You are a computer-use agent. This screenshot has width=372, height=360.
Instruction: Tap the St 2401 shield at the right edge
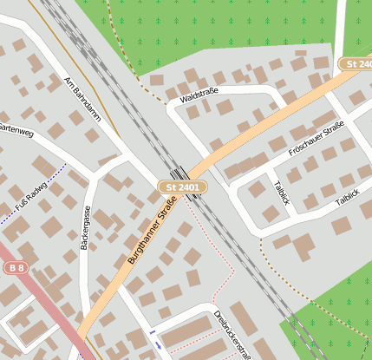pos(355,64)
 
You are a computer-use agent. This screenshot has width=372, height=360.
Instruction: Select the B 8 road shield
pos(15,268)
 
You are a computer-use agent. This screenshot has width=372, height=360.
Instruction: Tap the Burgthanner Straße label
pos(153,232)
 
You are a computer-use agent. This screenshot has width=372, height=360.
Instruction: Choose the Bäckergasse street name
pos(85,228)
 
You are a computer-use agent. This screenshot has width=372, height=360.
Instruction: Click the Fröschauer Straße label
pos(317,140)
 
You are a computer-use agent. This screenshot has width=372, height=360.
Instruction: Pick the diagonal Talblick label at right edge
pos(352,196)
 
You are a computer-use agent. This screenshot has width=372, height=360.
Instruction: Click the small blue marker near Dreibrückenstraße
pos(153,332)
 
